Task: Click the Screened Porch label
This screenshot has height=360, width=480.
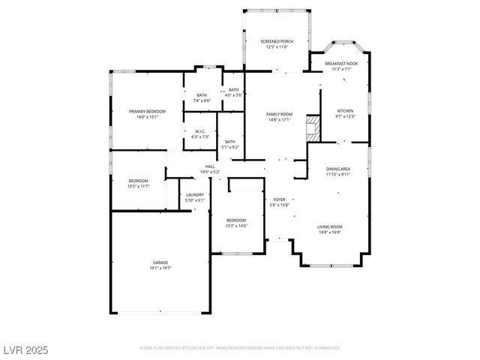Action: tap(275, 43)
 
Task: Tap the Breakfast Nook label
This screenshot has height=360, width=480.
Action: tap(341, 66)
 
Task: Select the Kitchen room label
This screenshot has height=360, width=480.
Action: tap(344, 112)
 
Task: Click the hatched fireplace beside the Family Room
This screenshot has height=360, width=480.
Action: tap(313, 128)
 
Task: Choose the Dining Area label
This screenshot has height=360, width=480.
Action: tap(337, 172)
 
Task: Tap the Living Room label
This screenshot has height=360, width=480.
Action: tap(330, 229)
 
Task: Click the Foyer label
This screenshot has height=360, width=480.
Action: tap(279, 202)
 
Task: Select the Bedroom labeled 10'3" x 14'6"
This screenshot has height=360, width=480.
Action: tap(236, 223)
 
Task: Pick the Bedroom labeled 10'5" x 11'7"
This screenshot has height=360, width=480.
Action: tap(138, 183)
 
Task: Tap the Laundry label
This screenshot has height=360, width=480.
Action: tap(194, 197)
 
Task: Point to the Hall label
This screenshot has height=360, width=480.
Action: tap(210, 169)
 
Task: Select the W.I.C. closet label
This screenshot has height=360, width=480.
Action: tap(200, 134)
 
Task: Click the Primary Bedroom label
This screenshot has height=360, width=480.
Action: tap(147, 114)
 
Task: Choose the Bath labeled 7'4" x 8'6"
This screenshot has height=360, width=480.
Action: tap(202, 97)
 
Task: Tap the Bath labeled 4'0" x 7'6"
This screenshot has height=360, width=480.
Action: tap(234, 92)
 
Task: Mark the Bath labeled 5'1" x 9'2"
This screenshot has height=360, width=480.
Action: tap(229, 143)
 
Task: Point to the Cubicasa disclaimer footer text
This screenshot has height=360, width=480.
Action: tap(240, 348)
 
